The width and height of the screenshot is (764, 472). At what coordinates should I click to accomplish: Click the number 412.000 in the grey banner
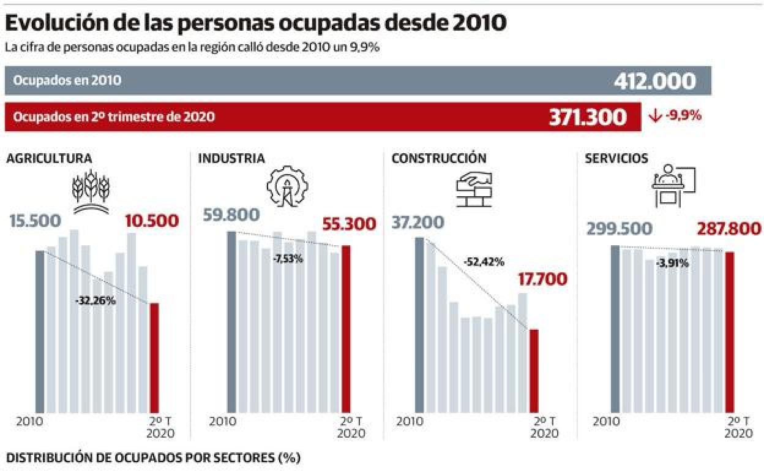click(x=654, y=81)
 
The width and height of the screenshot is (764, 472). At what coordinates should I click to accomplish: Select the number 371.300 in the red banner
click(x=588, y=116)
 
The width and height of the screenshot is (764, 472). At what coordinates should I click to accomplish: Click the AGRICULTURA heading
click(x=49, y=159)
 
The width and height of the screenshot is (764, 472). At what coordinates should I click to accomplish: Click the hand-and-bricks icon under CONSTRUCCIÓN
click(x=477, y=187)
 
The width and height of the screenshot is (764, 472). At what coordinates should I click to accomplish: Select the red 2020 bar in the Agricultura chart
click(x=154, y=357)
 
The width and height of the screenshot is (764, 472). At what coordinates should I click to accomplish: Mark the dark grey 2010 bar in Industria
click(x=231, y=321)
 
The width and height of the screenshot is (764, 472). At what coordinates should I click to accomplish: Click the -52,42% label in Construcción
click(x=484, y=262)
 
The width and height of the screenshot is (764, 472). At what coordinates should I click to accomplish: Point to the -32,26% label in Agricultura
click(x=95, y=301)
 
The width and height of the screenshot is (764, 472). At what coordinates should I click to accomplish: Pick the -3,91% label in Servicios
click(x=672, y=264)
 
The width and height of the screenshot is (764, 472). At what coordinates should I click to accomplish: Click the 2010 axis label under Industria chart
click(x=222, y=423)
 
